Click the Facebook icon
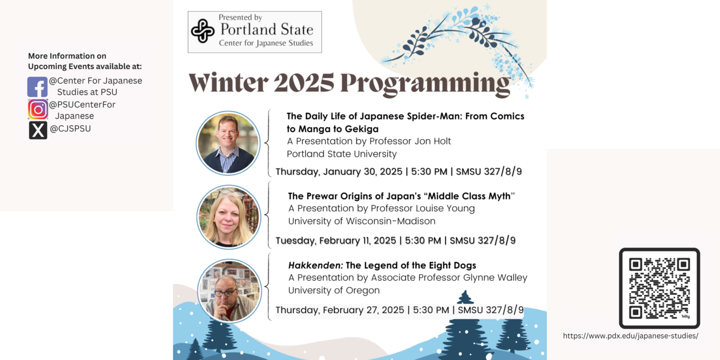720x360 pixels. tap(37, 87)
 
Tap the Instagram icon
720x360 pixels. tap(38, 109)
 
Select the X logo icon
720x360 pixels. tap(38, 130)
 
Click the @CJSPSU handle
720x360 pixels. tap(70, 128)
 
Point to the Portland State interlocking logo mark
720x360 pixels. tap(202, 31)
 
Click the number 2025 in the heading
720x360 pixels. tap(304, 82)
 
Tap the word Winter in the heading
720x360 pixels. tap(228, 82)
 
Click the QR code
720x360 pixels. tap(659, 288)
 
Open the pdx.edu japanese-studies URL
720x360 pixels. tap(630, 336)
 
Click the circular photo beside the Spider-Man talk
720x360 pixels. tap(228, 143)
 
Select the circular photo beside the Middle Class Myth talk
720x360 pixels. tap(229, 217)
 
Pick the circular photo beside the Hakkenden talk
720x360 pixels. tap(229, 291)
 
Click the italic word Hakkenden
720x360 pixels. tap(315, 265)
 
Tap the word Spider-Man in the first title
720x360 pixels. tap(423, 116)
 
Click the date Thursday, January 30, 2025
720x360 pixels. tap(339, 172)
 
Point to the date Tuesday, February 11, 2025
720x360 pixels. tap(336, 241)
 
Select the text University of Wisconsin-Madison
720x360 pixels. tap(361, 221)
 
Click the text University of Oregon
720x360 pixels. tap(334, 291)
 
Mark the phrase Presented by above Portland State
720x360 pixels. tap(240, 17)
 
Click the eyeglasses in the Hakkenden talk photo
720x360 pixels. tap(225, 293)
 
